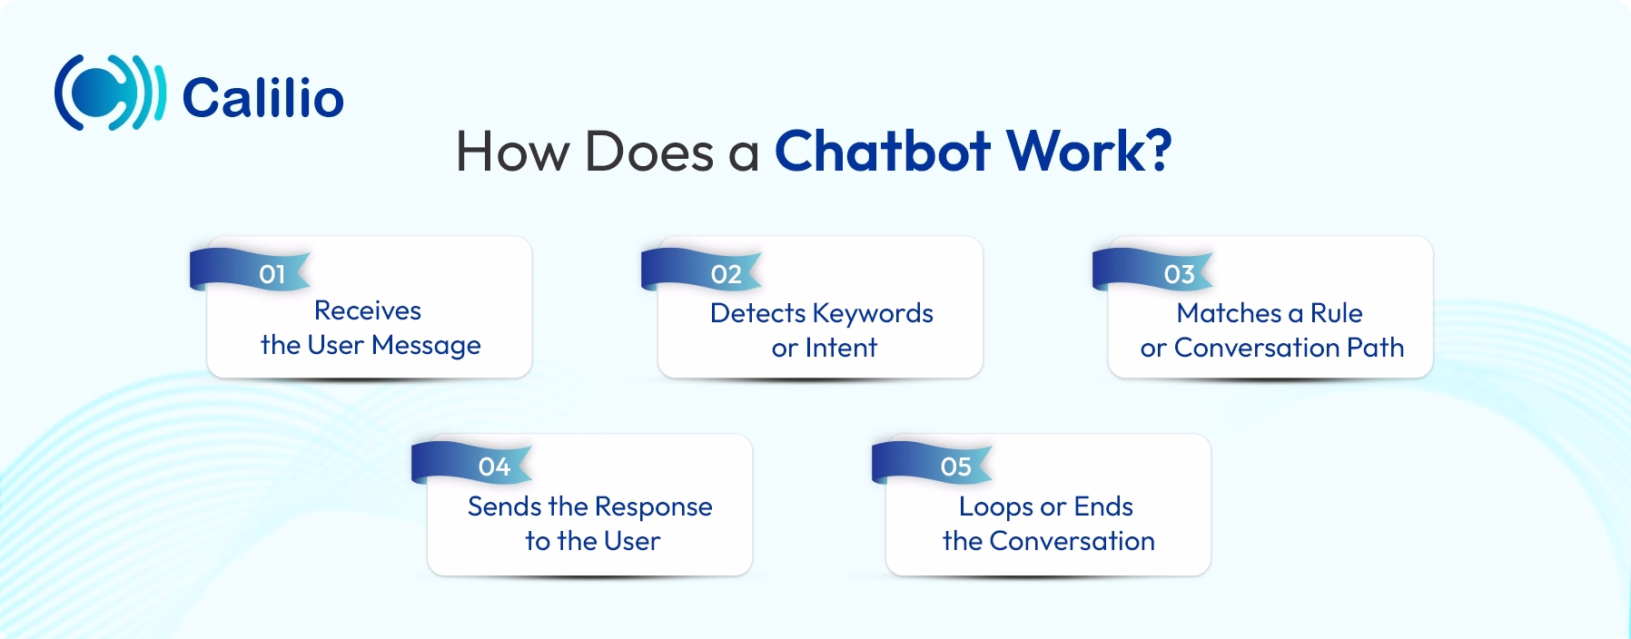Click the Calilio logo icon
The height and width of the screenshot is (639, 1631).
tap(109, 93)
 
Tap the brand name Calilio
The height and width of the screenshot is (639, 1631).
tap(263, 98)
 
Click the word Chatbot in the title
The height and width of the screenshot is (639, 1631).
tap(880, 151)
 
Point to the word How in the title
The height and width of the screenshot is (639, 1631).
tap(513, 152)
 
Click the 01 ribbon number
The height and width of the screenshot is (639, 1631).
tap(272, 274)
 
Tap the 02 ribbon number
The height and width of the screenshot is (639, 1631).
tap(727, 274)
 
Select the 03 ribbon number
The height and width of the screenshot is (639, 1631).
tap(1179, 274)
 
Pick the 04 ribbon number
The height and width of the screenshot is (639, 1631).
tap(494, 467)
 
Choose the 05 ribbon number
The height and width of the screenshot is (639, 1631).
tap(955, 467)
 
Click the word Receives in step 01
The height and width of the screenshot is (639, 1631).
tap(368, 310)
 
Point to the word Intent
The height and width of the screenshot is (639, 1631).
tap(841, 348)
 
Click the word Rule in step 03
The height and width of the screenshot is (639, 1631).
tap(1336, 313)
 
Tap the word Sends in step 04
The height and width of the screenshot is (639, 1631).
tap(498, 506)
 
